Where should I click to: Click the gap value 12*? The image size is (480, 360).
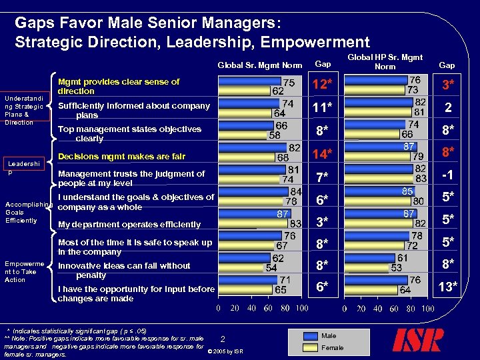(323, 85)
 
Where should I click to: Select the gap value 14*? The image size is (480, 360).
(323, 155)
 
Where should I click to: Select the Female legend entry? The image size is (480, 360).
(332, 347)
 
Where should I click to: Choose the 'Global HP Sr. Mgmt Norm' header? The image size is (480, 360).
(385, 61)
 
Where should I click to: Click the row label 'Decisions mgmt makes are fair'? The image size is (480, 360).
(123, 157)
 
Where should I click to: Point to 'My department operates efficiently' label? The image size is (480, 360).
(129, 225)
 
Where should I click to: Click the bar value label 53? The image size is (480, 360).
(396, 267)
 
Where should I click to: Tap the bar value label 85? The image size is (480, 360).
(406, 191)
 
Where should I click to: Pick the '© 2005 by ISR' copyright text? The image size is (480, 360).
(225, 351)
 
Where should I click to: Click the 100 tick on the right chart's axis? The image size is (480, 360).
(426, 309)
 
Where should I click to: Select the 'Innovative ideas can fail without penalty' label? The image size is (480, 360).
(124, 270)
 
